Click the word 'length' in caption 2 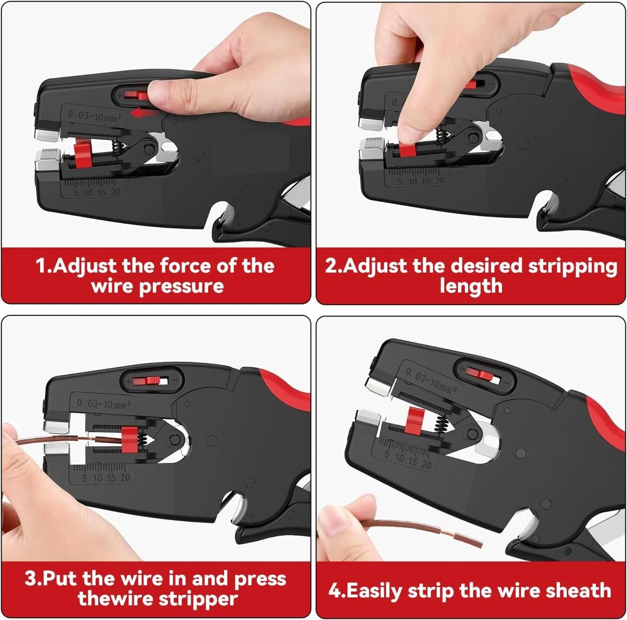pyautogui.click(x=471, y=286)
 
